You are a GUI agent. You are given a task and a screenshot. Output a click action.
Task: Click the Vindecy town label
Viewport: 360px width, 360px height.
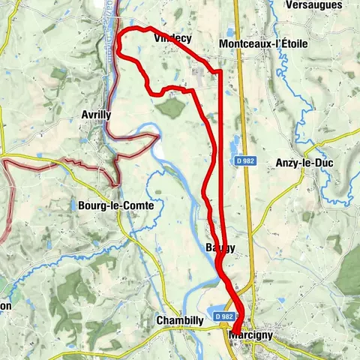click(x=172, y=37)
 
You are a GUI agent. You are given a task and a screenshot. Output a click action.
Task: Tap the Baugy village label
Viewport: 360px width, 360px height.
click(x=220, y=247)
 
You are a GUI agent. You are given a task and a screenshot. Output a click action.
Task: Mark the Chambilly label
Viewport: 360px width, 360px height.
click(x=180, y=320)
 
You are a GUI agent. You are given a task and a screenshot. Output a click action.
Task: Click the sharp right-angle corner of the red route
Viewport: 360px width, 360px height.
click(x=220, y=72)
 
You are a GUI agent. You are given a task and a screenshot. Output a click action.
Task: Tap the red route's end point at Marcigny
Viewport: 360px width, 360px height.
click(x=236, y=328)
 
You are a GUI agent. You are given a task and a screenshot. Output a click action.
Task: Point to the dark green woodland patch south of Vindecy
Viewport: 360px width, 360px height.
click(x=172, y=107)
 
